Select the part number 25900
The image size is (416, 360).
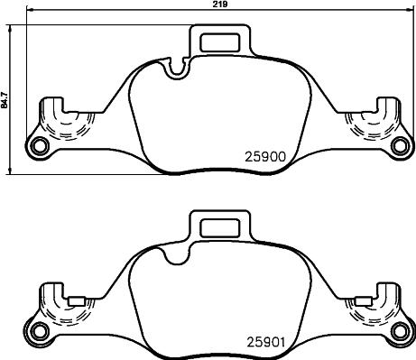[265, 154]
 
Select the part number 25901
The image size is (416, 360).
[265, 342]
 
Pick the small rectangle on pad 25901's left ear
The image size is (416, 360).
[79, 300]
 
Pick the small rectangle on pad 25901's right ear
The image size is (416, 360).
[360, 300]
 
